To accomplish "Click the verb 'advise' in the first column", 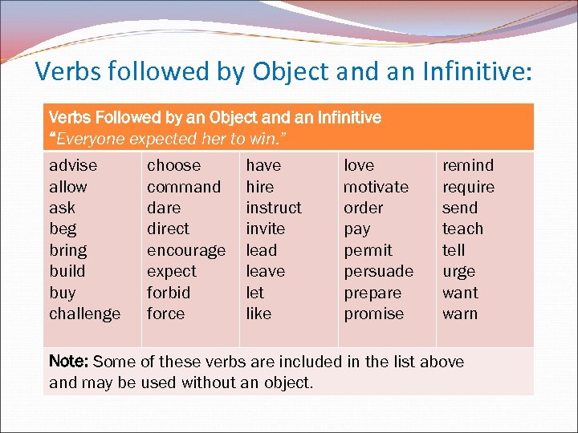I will (73, 166).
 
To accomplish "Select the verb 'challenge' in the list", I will (85, 314).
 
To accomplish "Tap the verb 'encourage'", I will (186, 251).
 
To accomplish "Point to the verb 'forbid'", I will (169, 293).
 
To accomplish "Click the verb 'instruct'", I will (274, 208).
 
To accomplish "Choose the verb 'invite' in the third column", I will (266, 229).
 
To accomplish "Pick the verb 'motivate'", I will (376, 187).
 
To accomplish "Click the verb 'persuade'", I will (378, 272).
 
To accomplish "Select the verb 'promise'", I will (374, 314).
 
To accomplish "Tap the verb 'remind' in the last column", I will (468, 166).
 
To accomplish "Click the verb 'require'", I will (469, 188).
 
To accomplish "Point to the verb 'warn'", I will (460, 314).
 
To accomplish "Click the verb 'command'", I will (184, 187).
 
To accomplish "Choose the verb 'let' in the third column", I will (254, 293).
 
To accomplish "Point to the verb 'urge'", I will (459, 272).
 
